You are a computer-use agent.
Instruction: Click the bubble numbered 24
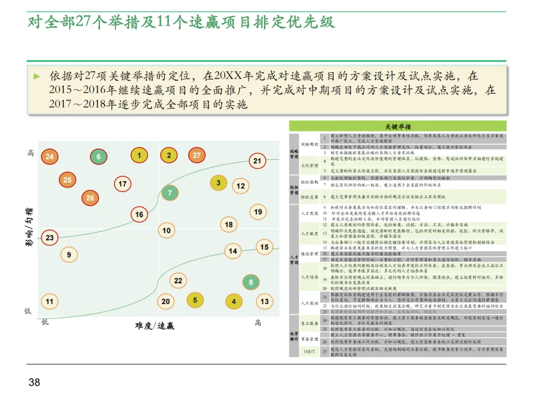(x=49, y=157)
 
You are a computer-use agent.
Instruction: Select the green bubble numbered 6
(x=99, y=157)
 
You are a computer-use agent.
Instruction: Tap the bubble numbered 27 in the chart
(x=197, y=156)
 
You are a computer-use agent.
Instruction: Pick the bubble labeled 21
(x=257, y=161)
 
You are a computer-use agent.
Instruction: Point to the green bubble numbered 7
(x=170, y=193)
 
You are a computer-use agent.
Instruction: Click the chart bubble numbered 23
(x=50, y=238)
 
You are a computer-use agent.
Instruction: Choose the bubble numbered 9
(x=69, y=255)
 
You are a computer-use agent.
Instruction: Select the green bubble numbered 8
(x=251, y=282)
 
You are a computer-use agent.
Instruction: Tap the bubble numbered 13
(x=265, y=301)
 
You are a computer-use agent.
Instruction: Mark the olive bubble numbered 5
(x=195, y=300)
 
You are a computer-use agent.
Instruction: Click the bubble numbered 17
(x=123, y=184)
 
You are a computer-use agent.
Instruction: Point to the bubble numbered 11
(x=49, y=301)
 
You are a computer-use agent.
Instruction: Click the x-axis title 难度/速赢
(x=154, y=326)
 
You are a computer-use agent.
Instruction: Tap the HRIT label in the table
(x=309, y=351)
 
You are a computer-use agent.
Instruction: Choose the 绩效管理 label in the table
(x=309, y=254)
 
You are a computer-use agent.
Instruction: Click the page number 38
(x=35, y=382)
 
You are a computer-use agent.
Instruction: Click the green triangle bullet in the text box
(x=37, y=77)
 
